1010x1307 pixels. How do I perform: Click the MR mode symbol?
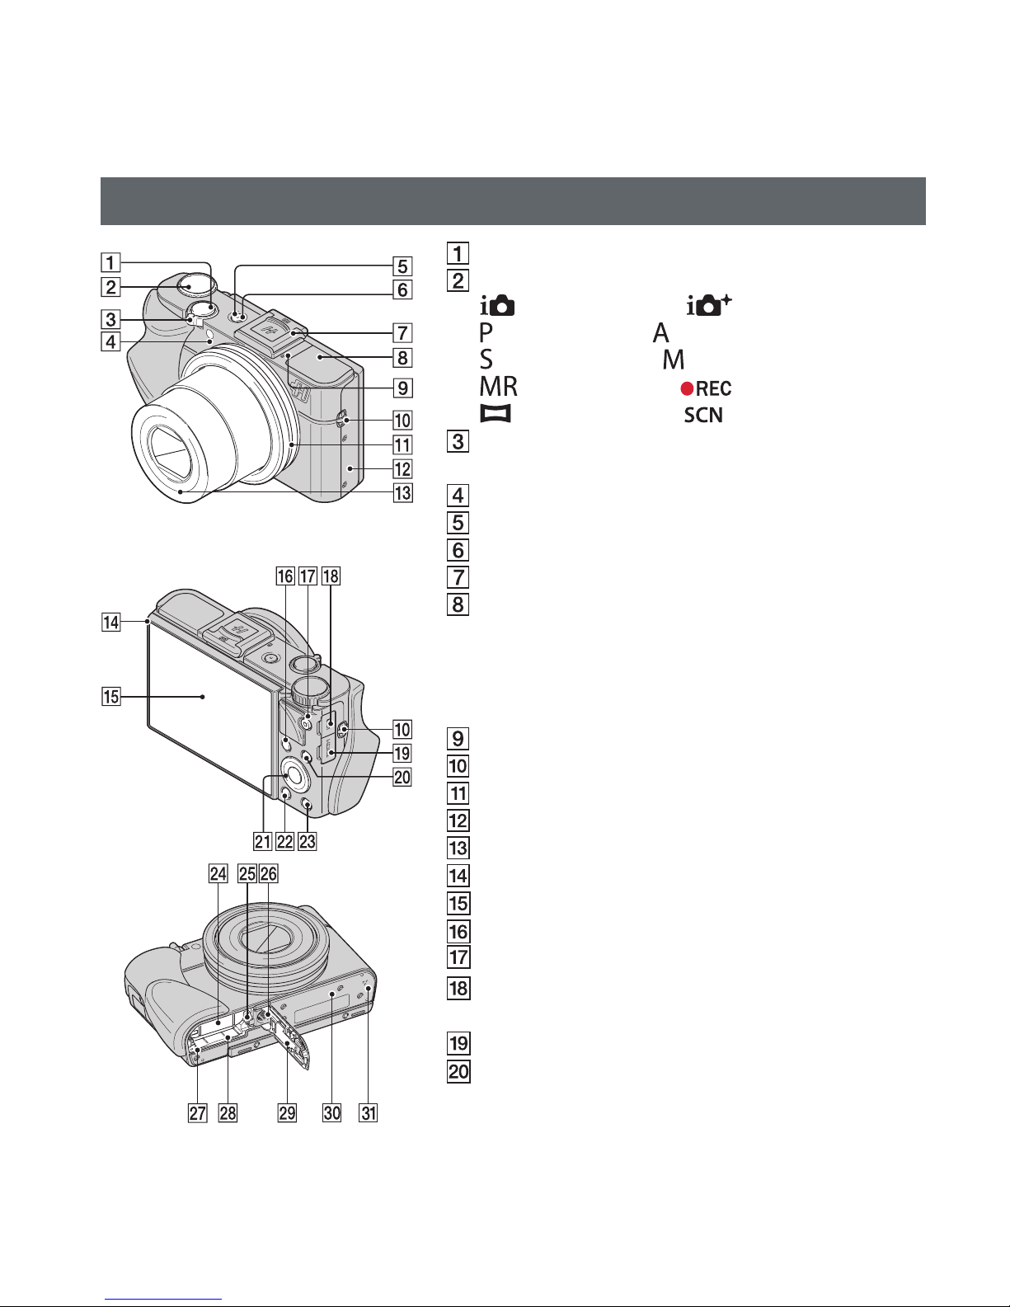click(498, 387)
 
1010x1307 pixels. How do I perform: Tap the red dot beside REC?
click(686, 388)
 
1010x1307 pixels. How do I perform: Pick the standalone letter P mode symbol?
click(486, 333)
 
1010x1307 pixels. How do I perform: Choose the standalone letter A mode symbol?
click(660, 333)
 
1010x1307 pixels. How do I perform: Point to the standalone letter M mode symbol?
click(674, 360)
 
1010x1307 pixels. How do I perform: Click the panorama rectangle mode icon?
click(496, 414)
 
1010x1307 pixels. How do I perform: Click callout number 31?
click(368, 1113)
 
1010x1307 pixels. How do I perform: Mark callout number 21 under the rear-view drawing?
click(263, 841)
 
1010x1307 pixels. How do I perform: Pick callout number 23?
click(308, 841)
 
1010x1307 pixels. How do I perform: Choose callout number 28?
click(227, 1113)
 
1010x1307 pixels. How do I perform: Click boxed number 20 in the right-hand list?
click(458, 1071)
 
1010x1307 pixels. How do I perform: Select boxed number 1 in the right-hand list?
click(458, 252)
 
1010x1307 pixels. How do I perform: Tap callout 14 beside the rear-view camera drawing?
click(110, 623)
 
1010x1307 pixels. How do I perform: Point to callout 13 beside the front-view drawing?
click(402, 495)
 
